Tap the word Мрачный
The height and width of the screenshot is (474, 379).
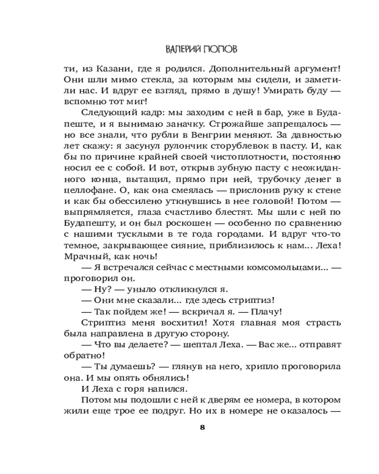[82, 257]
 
